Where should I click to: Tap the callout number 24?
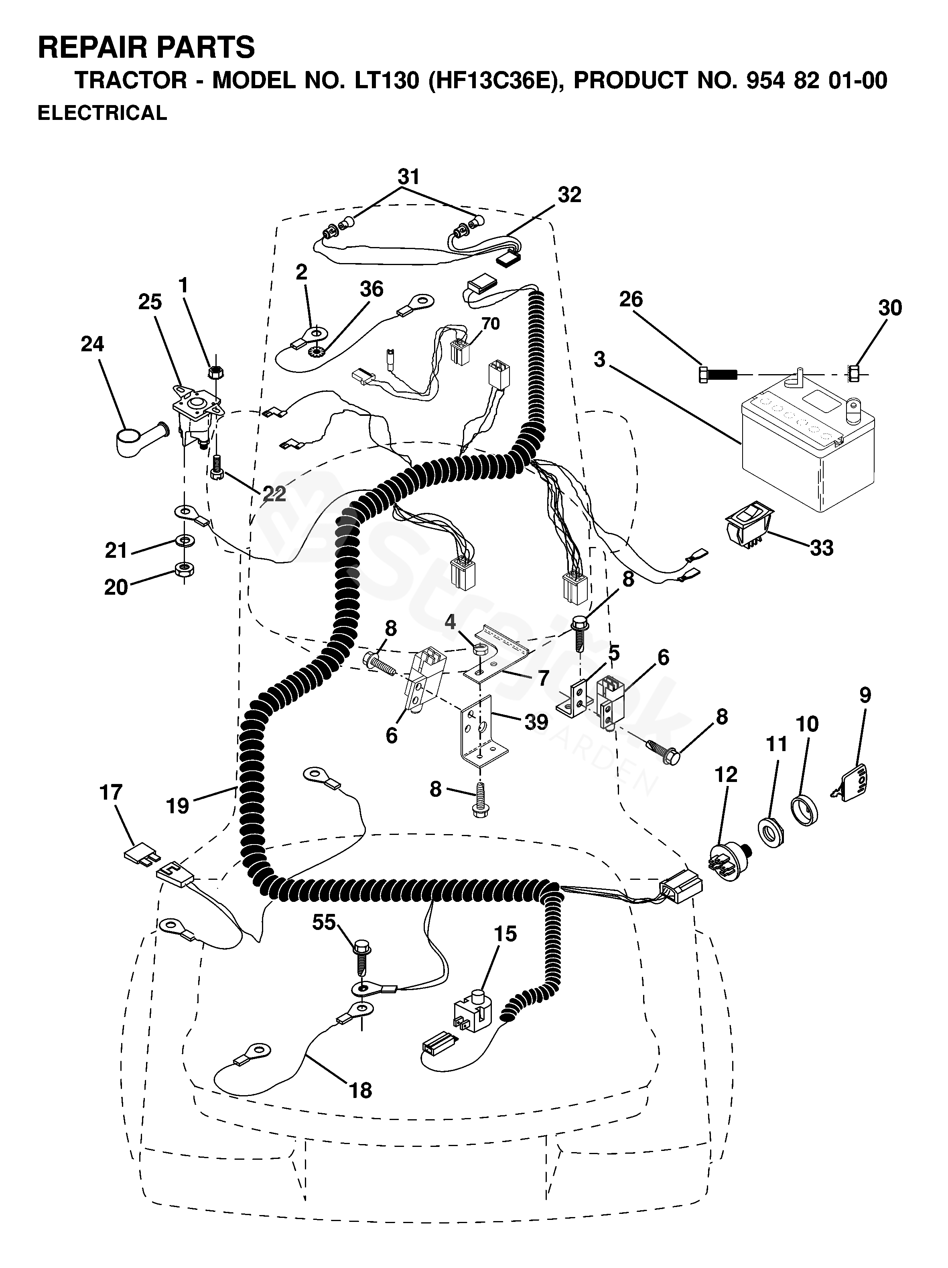(x=92, y=344)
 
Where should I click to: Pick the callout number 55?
(x=324, y=923)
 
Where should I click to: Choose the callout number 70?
(x=490, y=324)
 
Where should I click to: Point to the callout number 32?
(x=570, y=195)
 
